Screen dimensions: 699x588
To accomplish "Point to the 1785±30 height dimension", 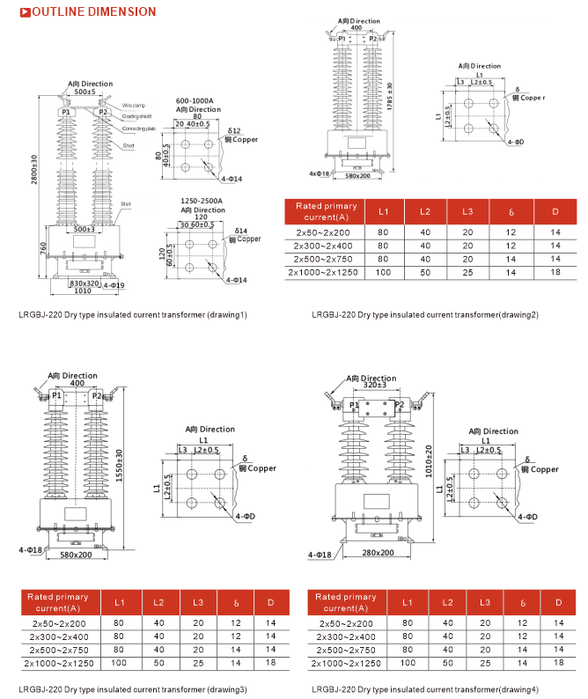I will point(389,98).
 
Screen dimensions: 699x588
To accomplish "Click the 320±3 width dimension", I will point(374,385).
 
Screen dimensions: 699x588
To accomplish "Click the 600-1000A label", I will point(196,99).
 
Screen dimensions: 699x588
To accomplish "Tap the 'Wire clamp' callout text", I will point(134,105).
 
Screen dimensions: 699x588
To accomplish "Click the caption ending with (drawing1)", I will point(133,314).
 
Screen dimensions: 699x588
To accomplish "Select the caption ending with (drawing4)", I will point(425,689).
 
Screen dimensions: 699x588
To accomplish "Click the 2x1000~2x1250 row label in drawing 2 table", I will point(324,272).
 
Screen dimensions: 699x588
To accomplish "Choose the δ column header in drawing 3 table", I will point(235,604).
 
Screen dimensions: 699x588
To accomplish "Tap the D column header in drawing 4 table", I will point(556,603).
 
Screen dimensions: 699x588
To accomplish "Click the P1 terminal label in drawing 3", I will point(56,396).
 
